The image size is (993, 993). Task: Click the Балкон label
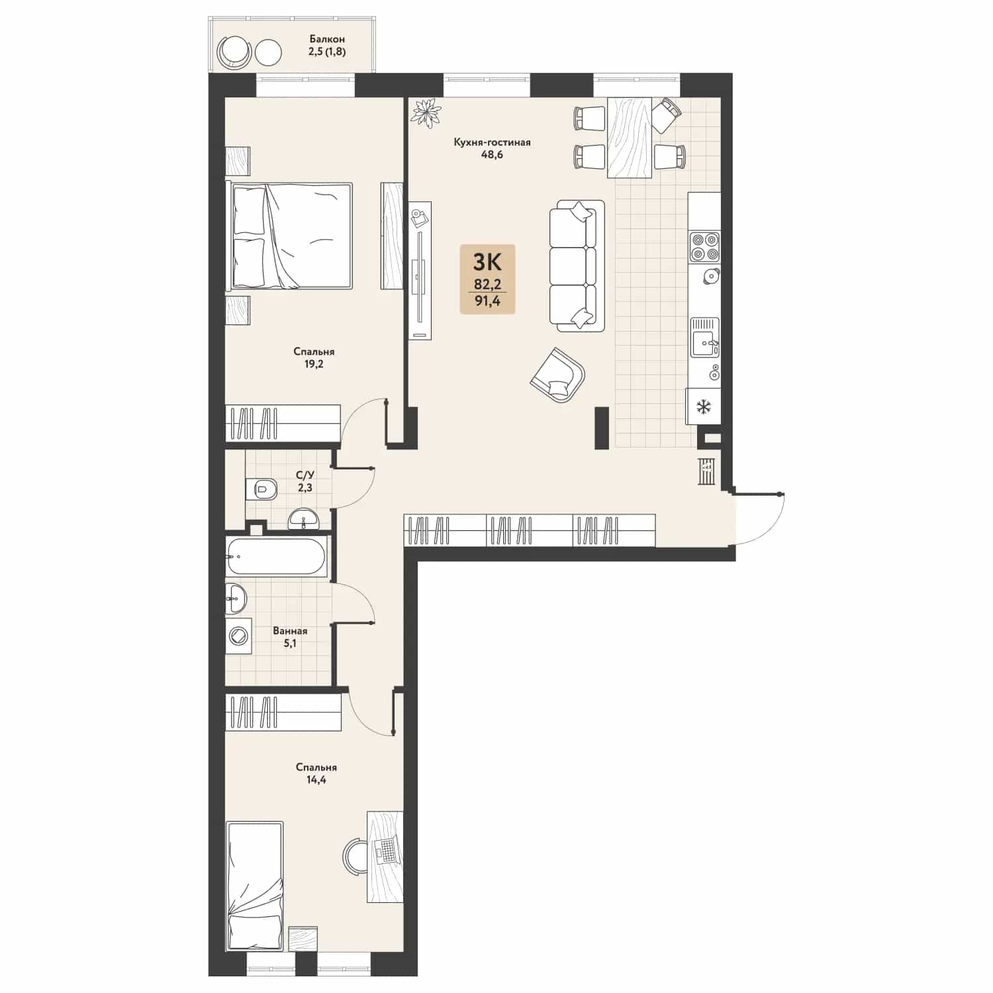click(327, 39)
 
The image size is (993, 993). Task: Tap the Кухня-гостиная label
click(492, 142)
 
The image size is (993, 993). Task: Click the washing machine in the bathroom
click(238, 636)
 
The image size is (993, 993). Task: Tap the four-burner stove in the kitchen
click(704, 246)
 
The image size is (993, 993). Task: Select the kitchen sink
click(705, 337)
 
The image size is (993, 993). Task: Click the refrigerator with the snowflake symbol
click(703, 406)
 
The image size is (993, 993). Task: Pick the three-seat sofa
click(577, 265)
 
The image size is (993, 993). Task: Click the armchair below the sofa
click(558, 374)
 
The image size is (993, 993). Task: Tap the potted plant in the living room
click(426, 112)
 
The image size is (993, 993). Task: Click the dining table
click(629, 137)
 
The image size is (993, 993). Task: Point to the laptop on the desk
click(386, 850)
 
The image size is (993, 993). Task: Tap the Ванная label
click(290, 631)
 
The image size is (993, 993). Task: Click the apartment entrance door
click(759, 518)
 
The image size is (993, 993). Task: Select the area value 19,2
click(314, 364)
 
